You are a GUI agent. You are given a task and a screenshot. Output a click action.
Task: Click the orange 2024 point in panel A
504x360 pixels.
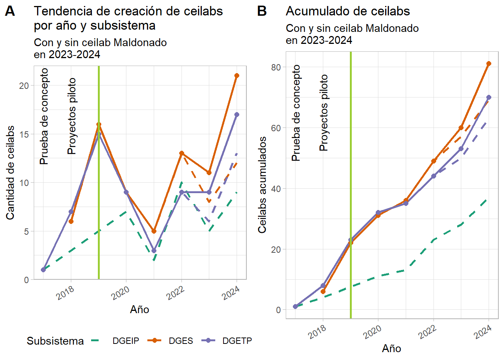coord(237,76)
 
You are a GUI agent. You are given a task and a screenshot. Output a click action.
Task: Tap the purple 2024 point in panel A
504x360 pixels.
coord(237,115)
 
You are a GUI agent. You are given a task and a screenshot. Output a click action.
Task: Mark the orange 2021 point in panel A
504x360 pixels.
coord(154,231)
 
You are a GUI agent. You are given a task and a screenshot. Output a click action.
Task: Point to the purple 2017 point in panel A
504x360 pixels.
coord(43,270)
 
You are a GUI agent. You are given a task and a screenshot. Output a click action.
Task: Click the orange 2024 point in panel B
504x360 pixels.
coord(489,64)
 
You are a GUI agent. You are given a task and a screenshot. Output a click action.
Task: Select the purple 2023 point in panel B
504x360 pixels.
coord(461,149)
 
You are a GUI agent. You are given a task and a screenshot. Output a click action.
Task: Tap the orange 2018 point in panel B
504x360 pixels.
coord(323,291)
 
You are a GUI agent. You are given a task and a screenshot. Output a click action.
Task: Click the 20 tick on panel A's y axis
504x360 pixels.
coord(24,85)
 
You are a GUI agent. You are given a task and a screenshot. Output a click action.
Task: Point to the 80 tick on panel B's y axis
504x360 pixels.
coord(276,67)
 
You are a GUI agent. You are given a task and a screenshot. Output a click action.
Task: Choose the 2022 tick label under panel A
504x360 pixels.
coord(175,292)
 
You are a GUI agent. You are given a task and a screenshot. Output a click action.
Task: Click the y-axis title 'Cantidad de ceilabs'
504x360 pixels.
coord(10,172)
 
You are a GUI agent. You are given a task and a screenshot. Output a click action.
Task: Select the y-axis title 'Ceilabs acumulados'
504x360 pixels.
coord(262,184)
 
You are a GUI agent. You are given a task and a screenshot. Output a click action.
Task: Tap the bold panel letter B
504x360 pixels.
coord(262,11)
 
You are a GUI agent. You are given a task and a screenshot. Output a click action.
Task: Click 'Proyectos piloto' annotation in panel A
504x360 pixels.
coord(72,116)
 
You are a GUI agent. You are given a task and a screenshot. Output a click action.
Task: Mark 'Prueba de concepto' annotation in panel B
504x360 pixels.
coord(296,112)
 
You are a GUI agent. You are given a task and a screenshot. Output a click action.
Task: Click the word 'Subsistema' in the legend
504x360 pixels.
coord(55,341)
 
